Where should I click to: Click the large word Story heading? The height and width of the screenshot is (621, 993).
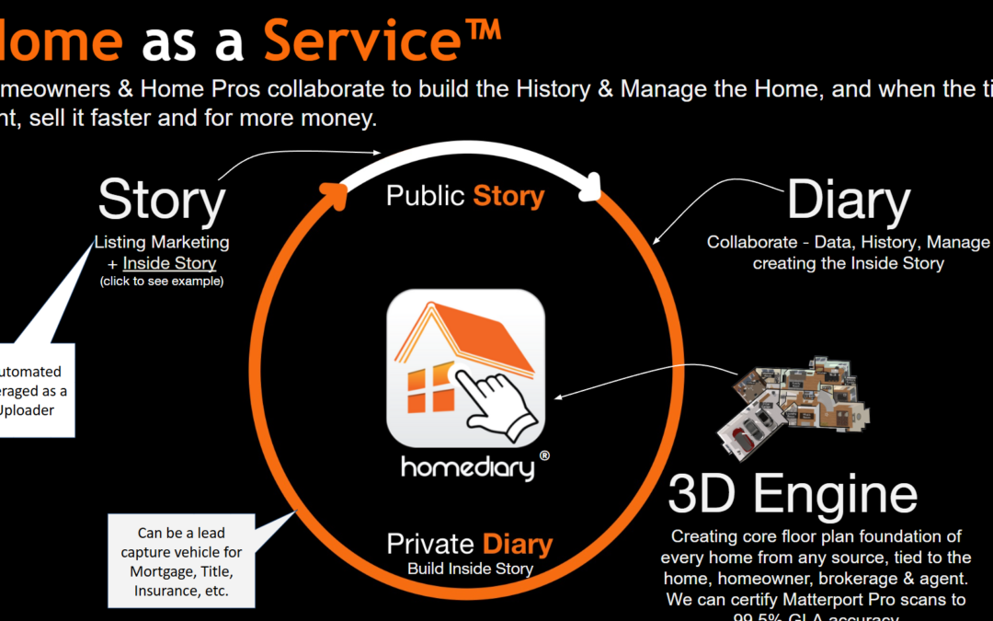[162, 201]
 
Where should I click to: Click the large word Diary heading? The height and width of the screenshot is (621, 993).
[848, 201]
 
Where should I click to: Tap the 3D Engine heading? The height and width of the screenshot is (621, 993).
[793, 494]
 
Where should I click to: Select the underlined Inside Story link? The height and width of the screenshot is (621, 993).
[169, 263]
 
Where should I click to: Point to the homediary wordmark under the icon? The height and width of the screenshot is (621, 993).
[467, 466]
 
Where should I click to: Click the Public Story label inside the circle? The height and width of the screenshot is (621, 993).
[465, 196]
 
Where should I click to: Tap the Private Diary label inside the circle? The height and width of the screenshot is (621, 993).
[469, 544]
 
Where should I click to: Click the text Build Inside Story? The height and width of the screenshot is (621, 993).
[470, 569]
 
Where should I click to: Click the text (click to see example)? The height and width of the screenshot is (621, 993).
[162, 281]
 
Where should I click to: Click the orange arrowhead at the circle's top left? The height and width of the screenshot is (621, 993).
[334, 191]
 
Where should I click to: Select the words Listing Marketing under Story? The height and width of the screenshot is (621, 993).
[162, 243]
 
